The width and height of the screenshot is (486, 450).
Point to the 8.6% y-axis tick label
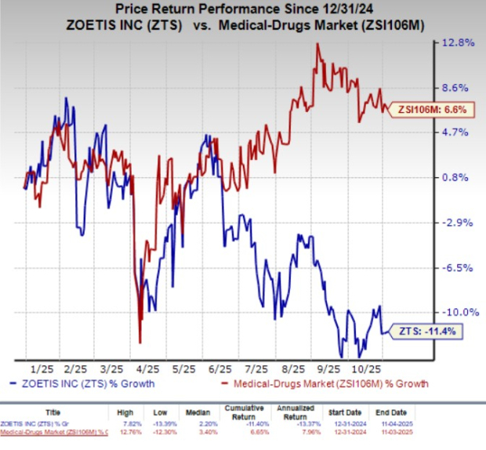(459, 88)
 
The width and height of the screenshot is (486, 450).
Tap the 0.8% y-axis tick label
(459, 177)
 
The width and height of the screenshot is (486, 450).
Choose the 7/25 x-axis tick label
(257, 368)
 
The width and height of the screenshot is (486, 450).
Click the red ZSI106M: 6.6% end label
(428, 110)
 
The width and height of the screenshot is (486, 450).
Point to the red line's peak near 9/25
(317, 44)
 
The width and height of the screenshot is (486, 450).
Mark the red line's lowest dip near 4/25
(140, 342)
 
